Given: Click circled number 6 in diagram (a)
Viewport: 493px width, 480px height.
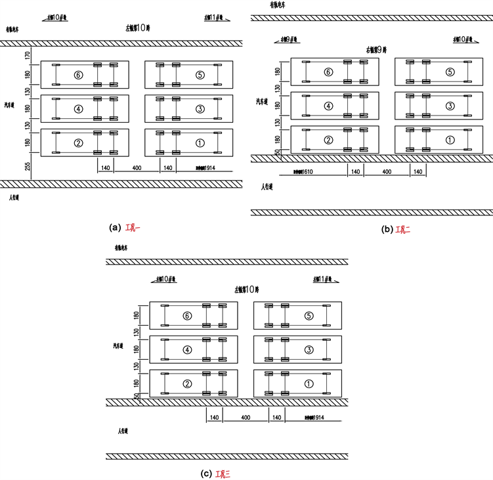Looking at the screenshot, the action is click(78, 75).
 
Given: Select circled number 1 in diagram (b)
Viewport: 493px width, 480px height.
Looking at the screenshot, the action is click(450, 140).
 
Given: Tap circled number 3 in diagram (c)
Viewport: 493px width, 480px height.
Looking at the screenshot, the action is click(310, 350).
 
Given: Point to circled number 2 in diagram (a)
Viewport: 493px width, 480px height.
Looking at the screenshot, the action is click(78, 142).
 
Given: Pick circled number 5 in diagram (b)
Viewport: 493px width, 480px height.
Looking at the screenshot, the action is click(450, 72).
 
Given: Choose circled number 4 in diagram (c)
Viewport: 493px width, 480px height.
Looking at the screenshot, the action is click(187, 350).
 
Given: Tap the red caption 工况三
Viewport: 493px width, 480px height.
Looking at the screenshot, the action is click(222, 473).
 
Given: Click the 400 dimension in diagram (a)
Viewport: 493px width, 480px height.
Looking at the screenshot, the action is click(137, 168).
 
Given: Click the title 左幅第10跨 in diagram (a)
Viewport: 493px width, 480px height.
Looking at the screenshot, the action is click(139, 28).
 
